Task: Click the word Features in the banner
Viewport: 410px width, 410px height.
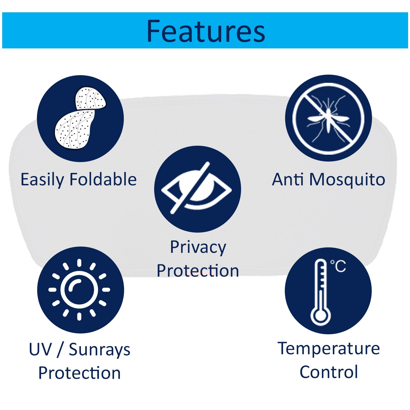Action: click(206, 31)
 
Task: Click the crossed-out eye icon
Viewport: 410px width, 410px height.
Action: click(197, 188)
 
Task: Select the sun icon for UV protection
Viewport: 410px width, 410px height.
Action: click(79, 289)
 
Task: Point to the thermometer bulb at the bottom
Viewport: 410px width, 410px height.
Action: click(321, 316)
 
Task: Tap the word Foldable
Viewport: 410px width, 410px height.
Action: click(103, 180)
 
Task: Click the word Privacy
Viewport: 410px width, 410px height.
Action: click(198, 248)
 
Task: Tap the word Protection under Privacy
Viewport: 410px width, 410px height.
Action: click(198, 271)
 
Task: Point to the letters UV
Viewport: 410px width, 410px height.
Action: click(40, 349)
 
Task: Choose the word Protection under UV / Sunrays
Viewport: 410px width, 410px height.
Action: click(79, 373)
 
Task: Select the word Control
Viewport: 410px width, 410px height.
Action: click(329, 372)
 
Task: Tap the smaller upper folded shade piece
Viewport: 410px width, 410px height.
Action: click(90, 98)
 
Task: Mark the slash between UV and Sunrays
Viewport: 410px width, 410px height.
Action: click(60, 350)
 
